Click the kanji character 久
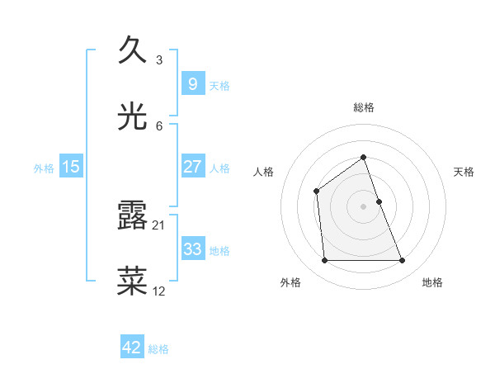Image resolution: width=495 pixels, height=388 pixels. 133,50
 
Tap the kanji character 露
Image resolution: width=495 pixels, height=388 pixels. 133,215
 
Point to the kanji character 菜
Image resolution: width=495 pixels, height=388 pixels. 133,281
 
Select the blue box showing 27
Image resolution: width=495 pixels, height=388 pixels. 192,167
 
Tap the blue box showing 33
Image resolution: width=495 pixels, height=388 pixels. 192,249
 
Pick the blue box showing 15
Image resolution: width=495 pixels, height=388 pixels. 71,167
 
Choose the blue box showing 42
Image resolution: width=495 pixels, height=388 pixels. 132,348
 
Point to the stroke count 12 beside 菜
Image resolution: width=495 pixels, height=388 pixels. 159,291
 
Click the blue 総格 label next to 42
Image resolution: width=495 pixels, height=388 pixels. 158,349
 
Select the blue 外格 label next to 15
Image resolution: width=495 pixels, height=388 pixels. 44,168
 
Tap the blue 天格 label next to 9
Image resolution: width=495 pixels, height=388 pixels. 219,85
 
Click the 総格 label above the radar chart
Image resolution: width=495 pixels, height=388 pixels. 363,107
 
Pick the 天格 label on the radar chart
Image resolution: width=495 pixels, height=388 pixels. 464,172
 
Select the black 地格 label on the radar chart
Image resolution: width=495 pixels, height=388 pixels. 432,282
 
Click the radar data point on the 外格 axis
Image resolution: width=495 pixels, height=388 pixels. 324,261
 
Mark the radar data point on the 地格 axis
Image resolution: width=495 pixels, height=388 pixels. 402,261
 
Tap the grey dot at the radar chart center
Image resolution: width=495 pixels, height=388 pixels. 363,206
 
